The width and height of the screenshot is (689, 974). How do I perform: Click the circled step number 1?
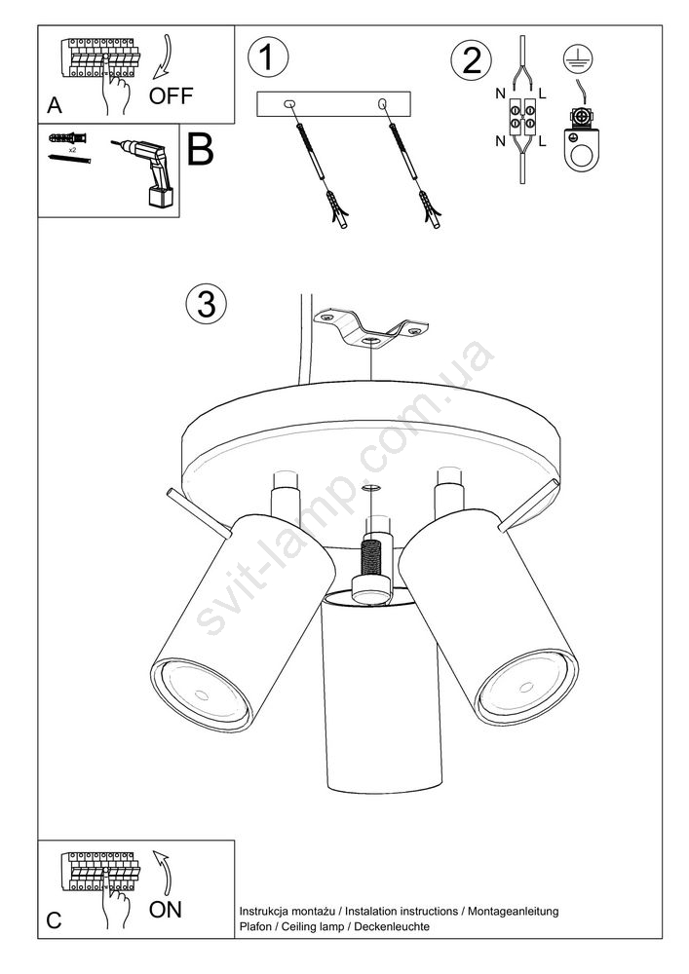tap(268, 57)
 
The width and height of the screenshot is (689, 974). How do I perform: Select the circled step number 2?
tap(471, 60)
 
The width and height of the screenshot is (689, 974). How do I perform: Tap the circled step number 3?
tap(207, 304)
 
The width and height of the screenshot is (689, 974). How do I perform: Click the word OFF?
tap(171, 95)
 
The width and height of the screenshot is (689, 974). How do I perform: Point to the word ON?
tap(166, 910)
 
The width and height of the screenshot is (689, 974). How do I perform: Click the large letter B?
tap(200, 149)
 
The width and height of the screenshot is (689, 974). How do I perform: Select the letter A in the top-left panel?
tap(55, 105)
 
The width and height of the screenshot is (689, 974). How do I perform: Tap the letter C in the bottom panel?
tap(54, 920)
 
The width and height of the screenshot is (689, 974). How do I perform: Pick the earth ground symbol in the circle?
tap(578, 59)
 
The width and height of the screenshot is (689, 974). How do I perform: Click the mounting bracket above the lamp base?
tap(372, 328)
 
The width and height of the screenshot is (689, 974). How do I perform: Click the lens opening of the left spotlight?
tap(200, 692)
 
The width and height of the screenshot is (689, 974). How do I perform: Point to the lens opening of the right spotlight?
tap(526, 687)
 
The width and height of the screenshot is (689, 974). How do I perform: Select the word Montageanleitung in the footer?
tap(514, 912)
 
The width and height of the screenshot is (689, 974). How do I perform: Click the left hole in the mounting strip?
tap(289, 104)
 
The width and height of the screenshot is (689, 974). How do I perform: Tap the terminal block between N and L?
tap(522, 118)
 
